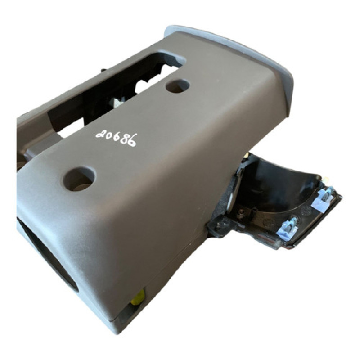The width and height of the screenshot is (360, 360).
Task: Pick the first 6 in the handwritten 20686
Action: (116, 136)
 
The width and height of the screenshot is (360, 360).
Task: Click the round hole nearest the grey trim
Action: (177, 86)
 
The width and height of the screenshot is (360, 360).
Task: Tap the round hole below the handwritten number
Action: (80, 179)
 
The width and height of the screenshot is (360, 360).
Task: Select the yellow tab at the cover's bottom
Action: (139, 297)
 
